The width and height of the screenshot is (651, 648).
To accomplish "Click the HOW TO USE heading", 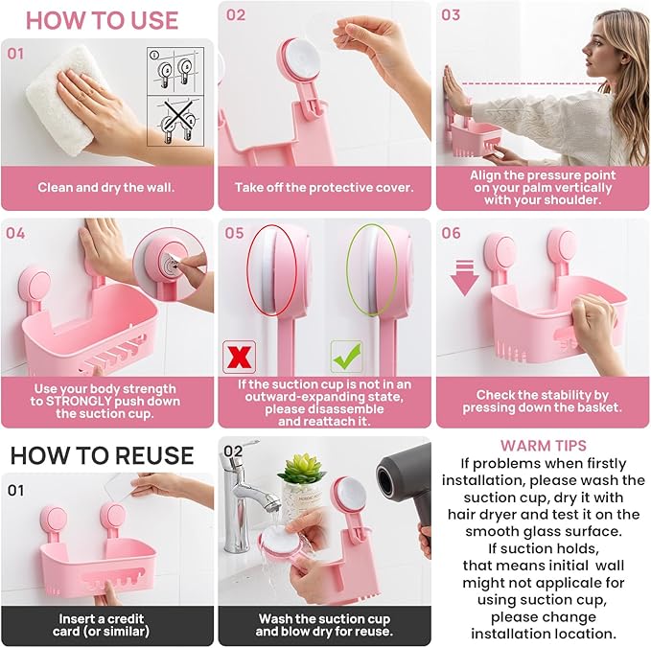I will pos(101,20).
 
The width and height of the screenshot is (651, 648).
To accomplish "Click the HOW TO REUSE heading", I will pos(102,454).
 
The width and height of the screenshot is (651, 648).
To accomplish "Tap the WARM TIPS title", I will pos(543,446).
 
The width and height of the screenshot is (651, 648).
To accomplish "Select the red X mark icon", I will pos(238,355).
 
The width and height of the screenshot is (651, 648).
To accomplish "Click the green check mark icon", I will pos(345,355).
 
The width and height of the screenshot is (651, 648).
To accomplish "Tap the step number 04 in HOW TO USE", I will pos(16,233).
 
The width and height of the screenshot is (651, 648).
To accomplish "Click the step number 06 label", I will pos(451,233).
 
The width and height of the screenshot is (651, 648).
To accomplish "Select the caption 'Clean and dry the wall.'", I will pos(107,188).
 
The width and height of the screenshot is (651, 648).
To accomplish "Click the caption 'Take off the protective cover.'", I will pos(324,188).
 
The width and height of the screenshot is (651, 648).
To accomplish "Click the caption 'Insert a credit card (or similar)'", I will pos(104,625).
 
